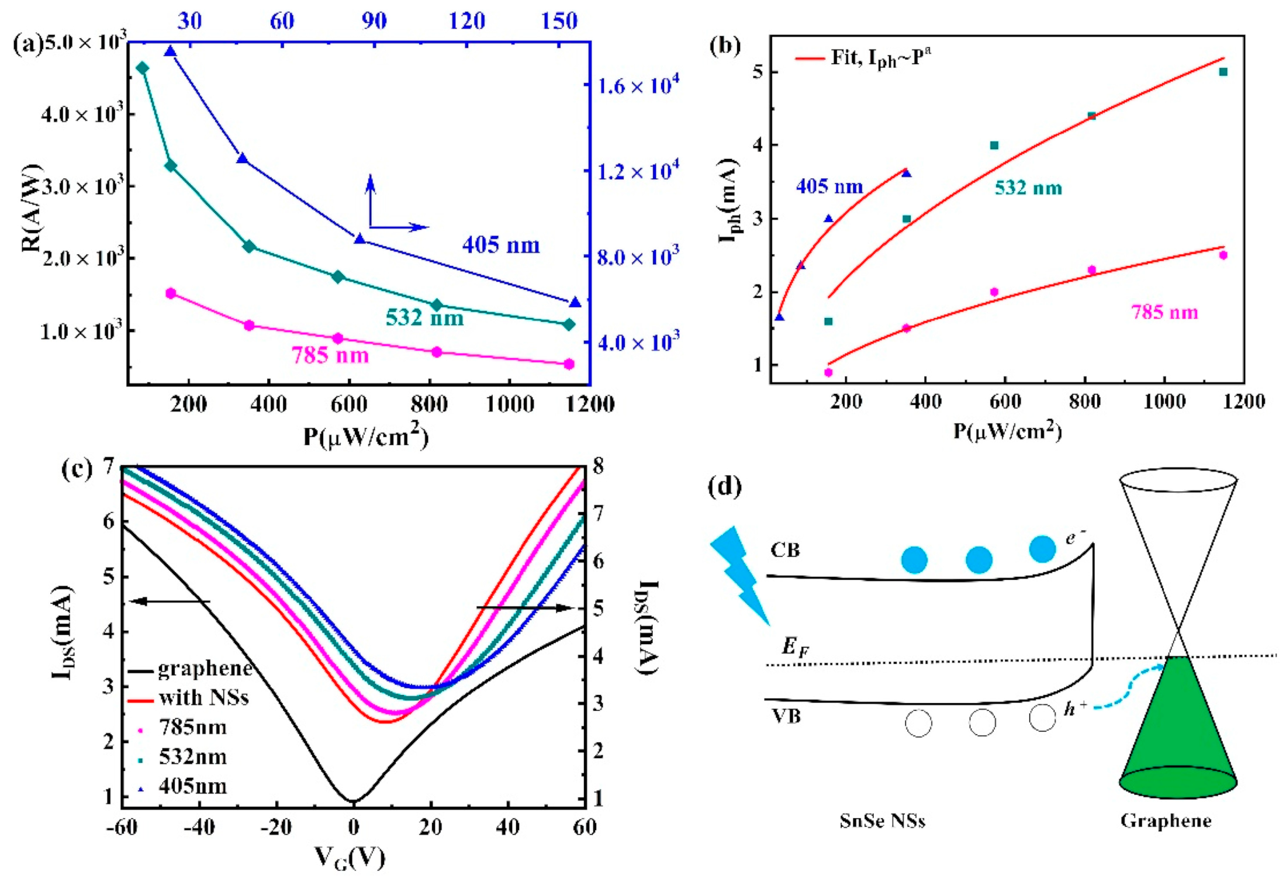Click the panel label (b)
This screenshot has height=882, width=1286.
[x=724, y=45]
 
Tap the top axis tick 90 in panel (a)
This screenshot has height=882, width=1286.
[x=374, y=21]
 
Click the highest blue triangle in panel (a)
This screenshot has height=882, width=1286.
[x=170, y=51]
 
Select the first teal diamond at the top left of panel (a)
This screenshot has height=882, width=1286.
[x=142, y=68]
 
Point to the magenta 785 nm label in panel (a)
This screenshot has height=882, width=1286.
[x=330, y=355]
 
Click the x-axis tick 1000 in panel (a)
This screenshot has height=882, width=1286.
[x=510, y=404]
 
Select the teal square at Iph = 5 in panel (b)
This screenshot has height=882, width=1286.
[x=1223, y=72]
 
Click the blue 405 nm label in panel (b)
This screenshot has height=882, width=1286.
[x=829, y=186]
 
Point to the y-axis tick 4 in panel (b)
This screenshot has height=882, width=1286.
[x=758, y=145]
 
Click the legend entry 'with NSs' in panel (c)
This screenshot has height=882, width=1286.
[x=203, y=697]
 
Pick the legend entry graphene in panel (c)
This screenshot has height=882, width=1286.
[x=205, y=668]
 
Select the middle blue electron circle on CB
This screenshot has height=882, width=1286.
[x=979, y=560]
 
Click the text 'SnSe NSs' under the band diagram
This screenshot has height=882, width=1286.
[x=882, y=821]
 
